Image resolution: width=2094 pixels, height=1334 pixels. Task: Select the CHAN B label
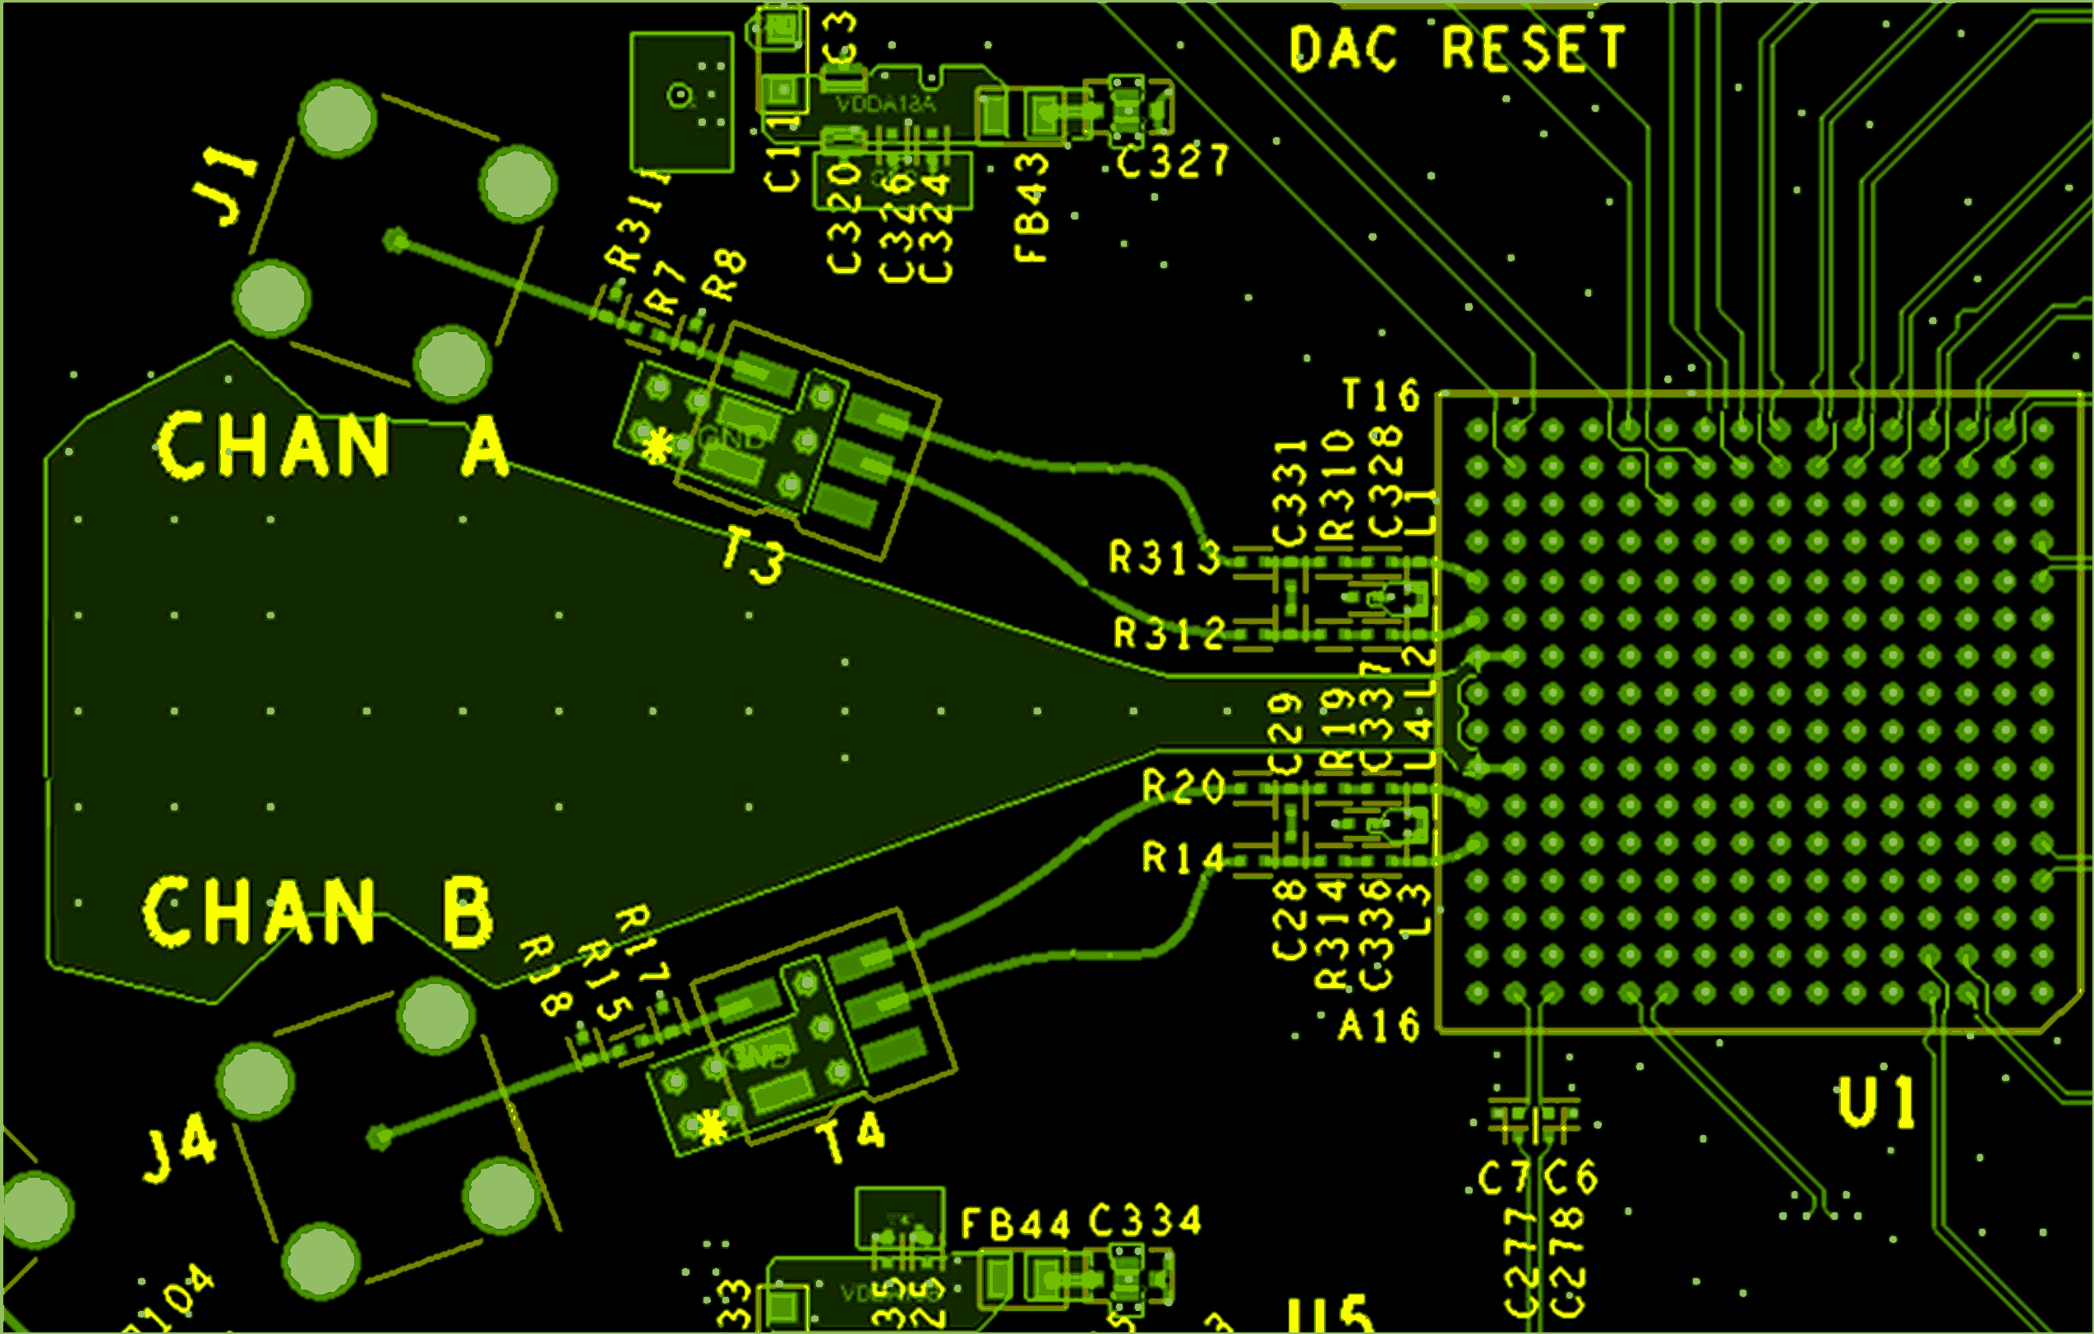317,912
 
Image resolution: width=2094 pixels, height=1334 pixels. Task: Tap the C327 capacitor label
1173,162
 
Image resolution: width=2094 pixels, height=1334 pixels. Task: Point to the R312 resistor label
1169,633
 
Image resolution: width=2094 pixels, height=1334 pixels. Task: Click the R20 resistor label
1183,787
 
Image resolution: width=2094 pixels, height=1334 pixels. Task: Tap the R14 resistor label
1183,858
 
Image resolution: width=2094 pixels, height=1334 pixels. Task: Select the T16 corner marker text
1381,395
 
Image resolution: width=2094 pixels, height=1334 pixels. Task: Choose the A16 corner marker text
1379,1026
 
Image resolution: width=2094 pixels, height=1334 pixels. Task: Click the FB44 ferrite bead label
1016,1225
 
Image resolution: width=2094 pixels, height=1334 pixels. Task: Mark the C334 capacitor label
1146,1221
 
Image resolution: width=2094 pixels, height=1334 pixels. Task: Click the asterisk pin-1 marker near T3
657,446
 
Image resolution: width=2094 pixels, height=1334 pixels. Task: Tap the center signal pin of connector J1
395,240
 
